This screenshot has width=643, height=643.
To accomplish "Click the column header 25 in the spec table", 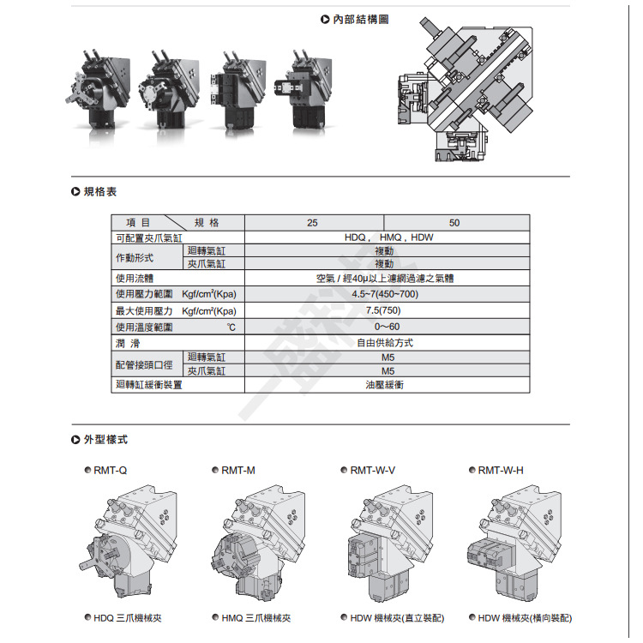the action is (x=312, y=223).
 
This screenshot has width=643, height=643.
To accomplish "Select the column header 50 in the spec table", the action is (x=454, y=223).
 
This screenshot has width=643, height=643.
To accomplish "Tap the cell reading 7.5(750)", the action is (x=383, y=310).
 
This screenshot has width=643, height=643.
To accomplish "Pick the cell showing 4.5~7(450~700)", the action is (x=385, y=294).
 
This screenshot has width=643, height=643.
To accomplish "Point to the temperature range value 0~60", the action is (x=387, y=327).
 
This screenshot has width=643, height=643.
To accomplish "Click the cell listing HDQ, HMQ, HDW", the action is (x=388, y=237).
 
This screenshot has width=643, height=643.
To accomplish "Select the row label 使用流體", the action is (x=135, y=279).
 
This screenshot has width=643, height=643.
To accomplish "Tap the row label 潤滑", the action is (x=128, y=343).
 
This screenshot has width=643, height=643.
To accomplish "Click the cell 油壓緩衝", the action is (x=385, y=385).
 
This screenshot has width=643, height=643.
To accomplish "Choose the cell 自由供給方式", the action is (x=385, y=343).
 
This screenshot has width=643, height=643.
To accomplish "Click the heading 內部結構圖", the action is (x=360, y=19).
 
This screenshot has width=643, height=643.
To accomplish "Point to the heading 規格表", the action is (x=100, y=191).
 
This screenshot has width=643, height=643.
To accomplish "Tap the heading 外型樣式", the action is (x=105, y=440).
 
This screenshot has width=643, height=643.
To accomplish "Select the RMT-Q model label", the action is (x=110, y=471).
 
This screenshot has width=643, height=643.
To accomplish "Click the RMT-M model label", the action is (x=237, y=471).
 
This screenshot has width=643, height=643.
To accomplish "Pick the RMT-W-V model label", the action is (x=372, y=471).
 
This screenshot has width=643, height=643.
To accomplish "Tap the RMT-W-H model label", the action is (x=501, y=471).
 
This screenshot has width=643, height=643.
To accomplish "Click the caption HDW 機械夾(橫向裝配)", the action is (x=525, y=618).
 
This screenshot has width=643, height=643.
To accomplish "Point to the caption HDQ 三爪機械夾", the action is (x=128, y=618).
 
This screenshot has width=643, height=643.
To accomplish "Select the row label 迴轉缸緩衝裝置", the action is (x=149, y=385).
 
